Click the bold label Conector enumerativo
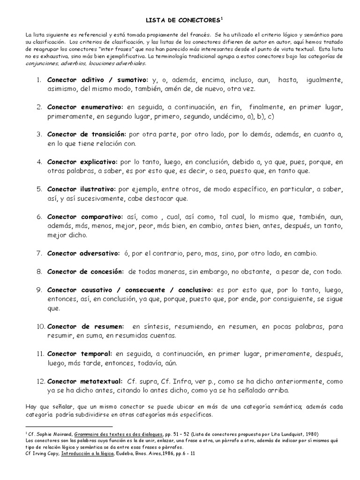[x=85, y=107]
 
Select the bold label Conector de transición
[x=87, y=135]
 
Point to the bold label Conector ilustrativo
[x=81, y=189]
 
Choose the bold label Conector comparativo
[x=84, y=217]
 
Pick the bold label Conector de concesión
[x=85, y=271]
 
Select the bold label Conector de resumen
[x=85, y=326]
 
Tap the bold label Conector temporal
[x=79, y=353]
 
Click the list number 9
[x=39, y=290]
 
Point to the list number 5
[x=39, y=189]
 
